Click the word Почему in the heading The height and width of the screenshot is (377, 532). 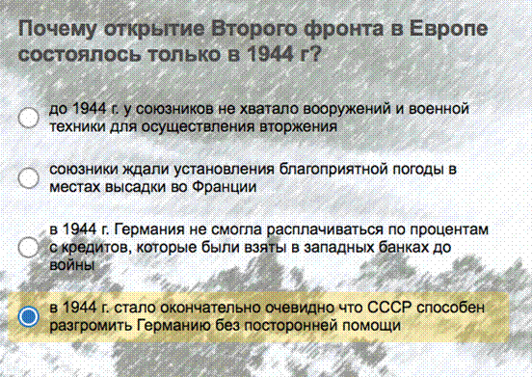pyautogui.click(x=57, y=29)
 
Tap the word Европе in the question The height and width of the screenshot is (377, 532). pyautogui.click(x=448, y=29)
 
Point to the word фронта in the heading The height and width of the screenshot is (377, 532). pyautogui.click(x=344, y=29)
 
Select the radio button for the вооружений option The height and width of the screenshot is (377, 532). pyautogui.click(x=29, y=118)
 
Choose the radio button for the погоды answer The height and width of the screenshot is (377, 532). pyautogui.click(x=29, y=177)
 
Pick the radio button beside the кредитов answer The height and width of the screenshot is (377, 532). pyautogui.click(x=29, y=247)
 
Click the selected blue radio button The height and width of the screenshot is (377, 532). pyautogui.click(x=29, y=316)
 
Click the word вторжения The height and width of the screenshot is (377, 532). pyautogui.click(x=298, y=127)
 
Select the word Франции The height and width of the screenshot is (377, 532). pyautogui.click(x=224, y=187)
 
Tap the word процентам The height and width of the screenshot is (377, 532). pyautogui.click(x=449, y=230)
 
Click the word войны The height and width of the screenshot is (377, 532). pyautogui.click(x=72, y=265)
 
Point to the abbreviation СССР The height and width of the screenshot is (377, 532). pyautogui.click(x=389, y=308)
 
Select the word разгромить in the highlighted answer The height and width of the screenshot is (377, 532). pyautogui.click(x=91, y=326)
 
